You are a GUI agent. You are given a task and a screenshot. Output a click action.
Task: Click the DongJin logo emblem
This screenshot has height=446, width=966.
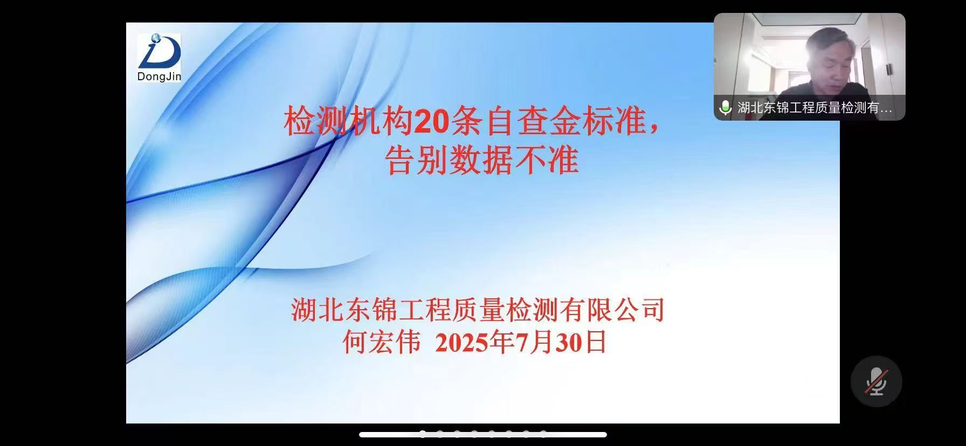[x=159, y=52]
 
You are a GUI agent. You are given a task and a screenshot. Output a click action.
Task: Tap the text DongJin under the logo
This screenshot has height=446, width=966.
[x=159, y=76]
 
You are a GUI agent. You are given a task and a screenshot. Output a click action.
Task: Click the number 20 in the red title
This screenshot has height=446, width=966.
[x=432, y=122]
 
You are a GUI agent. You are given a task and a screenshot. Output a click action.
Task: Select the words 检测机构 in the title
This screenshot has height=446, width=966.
[x=349, y=122]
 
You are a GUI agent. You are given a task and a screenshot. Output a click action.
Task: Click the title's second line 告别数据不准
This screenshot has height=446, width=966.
[x=482, y=159]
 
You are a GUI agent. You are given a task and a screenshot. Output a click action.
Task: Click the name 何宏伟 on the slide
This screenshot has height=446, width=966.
[x=382, y=342]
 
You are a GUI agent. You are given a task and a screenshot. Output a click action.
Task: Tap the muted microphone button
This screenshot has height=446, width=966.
[x=876, y=381]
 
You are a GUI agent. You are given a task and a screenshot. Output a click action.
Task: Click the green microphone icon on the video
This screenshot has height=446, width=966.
[x=726, y=108]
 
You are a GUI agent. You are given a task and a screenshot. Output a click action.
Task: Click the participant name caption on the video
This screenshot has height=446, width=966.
[x=815, y=108]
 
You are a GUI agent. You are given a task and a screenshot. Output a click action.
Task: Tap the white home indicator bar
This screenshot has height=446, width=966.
[x=483, y=435]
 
